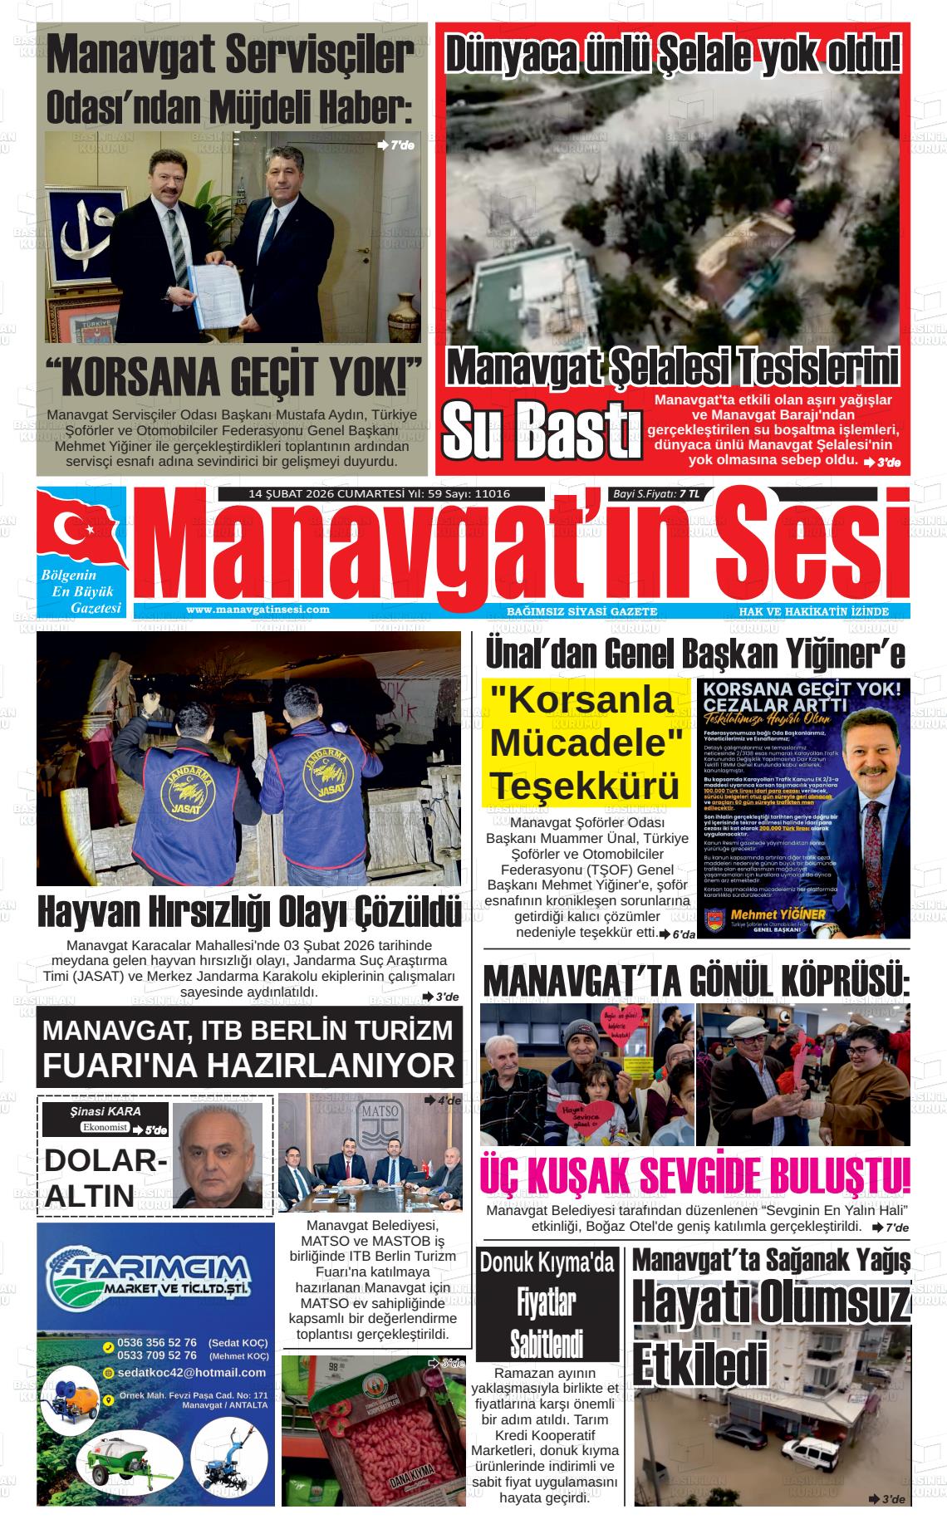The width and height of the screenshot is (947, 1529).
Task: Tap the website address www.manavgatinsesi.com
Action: pyautogui.click(x=258, y=609)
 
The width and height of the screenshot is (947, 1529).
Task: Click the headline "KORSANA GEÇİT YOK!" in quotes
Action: pyautogui.click(x=233, y=377)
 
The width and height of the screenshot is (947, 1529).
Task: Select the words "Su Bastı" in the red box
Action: pyautogui.click(x=540, y=430)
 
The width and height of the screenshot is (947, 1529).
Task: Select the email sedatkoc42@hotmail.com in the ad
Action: pyautogui.click(x=191, y=1372)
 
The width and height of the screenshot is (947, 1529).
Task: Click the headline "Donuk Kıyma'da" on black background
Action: pyautogui.click(x=547, y=1262)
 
